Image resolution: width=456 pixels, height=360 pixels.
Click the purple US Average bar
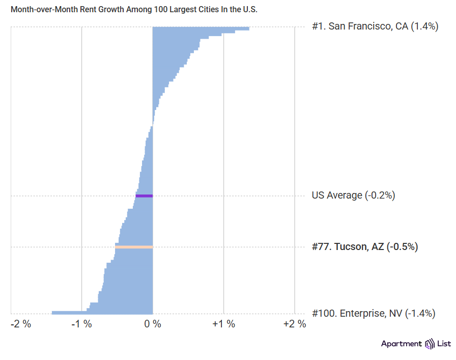pyautogui.click(x=144, y=196)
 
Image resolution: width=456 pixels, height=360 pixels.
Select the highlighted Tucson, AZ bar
pyautogui.click(x=134, y=247)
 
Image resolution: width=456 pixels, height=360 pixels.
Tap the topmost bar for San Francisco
pyautogui.click(x=201, y=29)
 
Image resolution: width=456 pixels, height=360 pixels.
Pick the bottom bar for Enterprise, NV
pyautogui.click(x=102, y=312)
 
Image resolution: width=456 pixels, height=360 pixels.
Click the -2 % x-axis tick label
pyautogui.click(x=21, y=324)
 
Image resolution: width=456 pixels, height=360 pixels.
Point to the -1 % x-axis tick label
pyautogui.click(x=81, y=324)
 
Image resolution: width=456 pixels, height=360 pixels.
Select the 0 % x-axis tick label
pyautogui.click(x=153, y=324)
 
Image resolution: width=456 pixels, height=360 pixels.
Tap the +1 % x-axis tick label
pyautogui.click(x=224, y=324)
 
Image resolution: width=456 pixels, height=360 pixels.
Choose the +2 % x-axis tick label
pyautogui.click(x=295, y=324)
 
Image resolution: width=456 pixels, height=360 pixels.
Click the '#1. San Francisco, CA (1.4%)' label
pyautogui.click(x=375, y=27)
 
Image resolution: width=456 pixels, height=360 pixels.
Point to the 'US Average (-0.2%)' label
pyautogui.click(x=353, y=195)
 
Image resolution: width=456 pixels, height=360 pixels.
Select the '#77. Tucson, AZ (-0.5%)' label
pyautogui.click(x=364, y=247)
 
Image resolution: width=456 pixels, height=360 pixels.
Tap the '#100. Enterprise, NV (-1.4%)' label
pyautogui.click(x=373, y=313)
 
